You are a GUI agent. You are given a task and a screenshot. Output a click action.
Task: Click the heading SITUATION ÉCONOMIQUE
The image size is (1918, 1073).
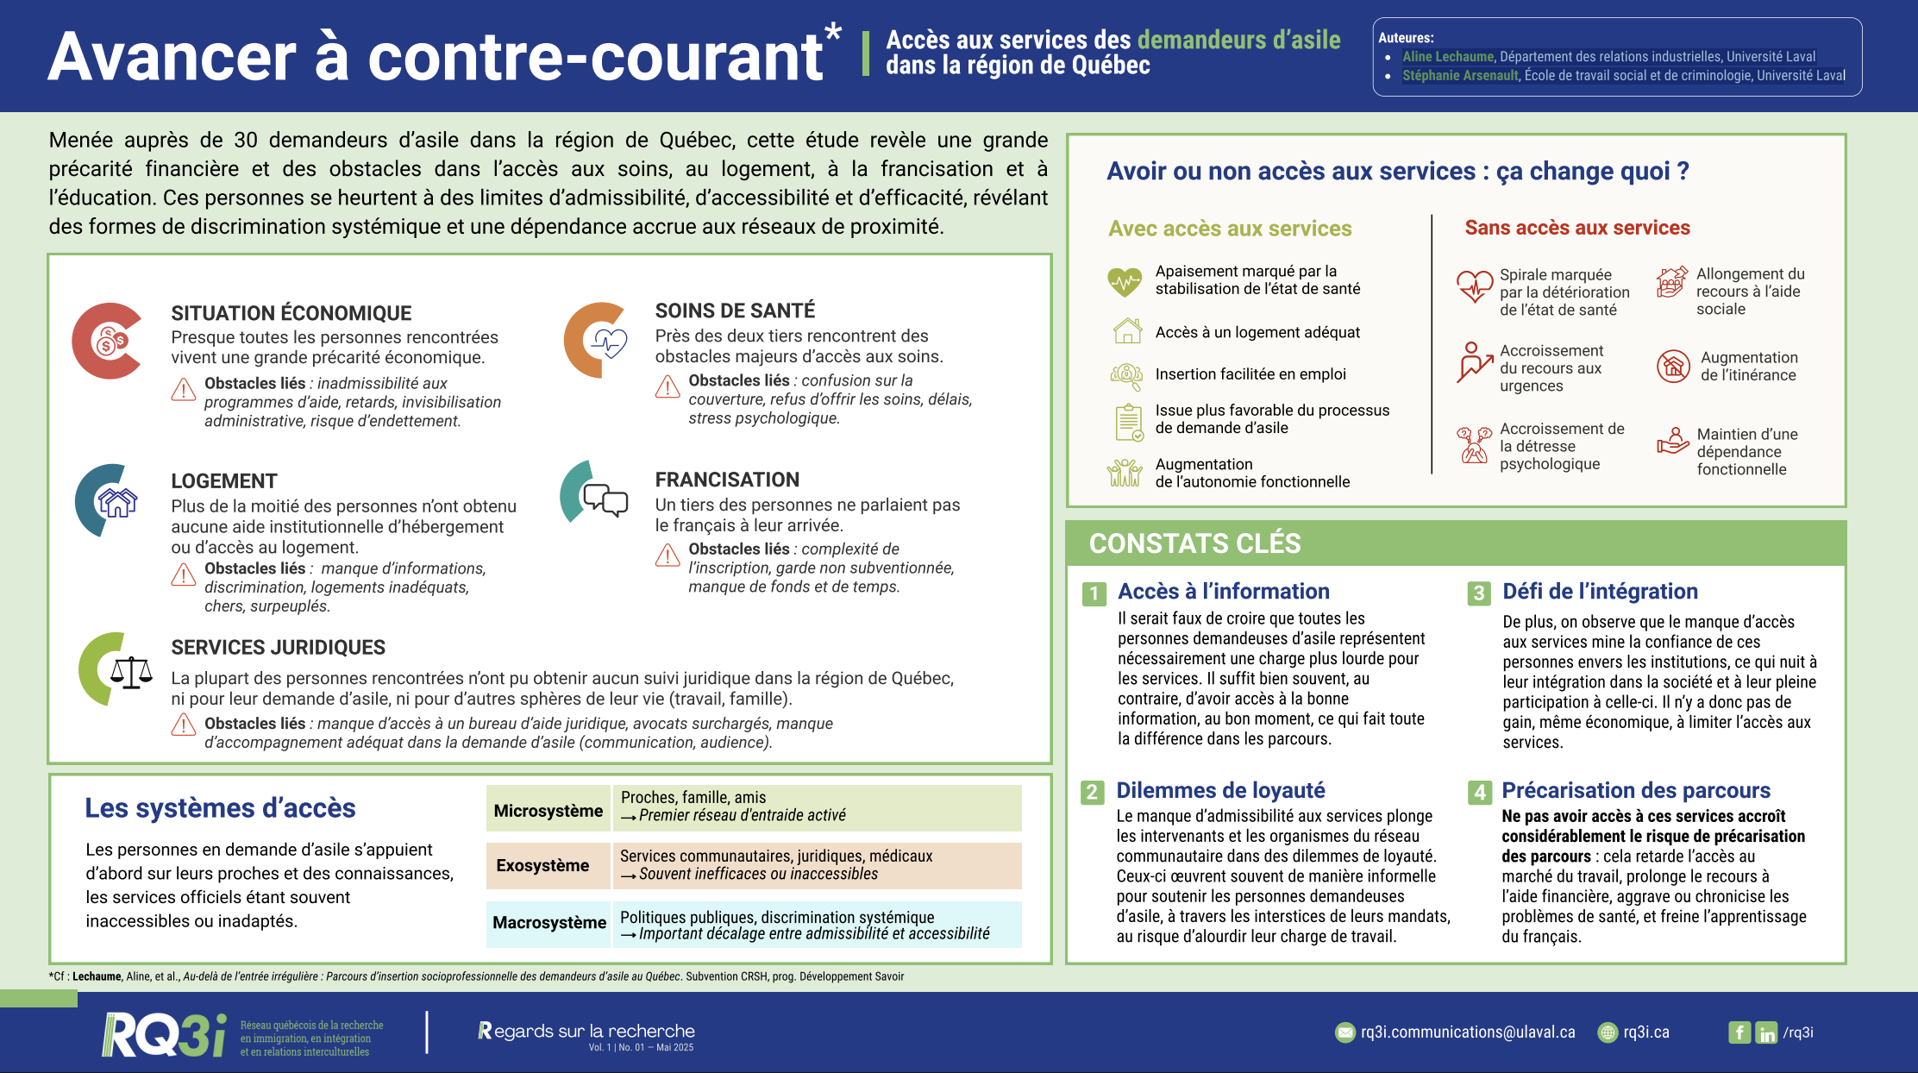click(291, 313)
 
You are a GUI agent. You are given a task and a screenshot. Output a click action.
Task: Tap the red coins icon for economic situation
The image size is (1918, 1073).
click(110, 341)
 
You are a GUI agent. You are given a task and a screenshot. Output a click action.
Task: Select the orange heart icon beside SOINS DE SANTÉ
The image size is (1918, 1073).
click(605, 342)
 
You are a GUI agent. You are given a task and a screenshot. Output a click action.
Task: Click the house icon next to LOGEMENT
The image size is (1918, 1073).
click(117, 501)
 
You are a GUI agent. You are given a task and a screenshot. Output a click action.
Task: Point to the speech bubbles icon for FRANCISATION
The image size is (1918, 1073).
click(605, 499)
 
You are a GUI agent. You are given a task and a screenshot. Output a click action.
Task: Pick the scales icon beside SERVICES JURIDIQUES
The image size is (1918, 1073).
click(130, 672)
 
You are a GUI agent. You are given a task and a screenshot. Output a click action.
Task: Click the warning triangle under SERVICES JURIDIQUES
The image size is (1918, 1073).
click(183, 725)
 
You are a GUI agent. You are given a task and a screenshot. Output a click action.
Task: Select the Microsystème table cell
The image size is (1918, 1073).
click(548, 810)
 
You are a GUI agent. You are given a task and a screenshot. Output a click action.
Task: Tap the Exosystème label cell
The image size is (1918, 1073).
click(542, 865)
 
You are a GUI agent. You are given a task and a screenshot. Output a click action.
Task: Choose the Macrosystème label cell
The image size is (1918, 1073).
click(548, 922)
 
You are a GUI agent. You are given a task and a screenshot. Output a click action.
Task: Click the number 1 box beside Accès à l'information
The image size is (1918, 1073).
click(1094, 593)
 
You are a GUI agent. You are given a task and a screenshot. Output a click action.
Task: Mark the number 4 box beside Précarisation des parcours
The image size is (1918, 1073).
click(1479, 792)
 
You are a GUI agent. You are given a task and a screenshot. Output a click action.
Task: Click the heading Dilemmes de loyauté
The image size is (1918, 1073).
click(1219, 790)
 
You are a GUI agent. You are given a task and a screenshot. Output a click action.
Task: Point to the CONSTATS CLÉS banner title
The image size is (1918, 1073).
click(1194, 543)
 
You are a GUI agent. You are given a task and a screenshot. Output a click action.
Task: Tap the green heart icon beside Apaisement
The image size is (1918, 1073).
click(1125, 281)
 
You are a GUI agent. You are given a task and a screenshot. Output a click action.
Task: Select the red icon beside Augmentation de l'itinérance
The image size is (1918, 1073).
click(1672, 367)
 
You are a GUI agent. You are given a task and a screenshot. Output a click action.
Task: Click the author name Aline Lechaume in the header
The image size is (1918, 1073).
click(1447, 57)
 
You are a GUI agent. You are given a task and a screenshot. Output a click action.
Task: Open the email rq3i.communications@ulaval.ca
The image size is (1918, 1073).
click(1467, 1032)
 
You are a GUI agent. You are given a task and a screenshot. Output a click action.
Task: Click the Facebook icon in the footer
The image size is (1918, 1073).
click(1739, 1032)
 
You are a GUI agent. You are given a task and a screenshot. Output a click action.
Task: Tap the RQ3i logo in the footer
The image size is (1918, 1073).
click(164, 1035)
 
